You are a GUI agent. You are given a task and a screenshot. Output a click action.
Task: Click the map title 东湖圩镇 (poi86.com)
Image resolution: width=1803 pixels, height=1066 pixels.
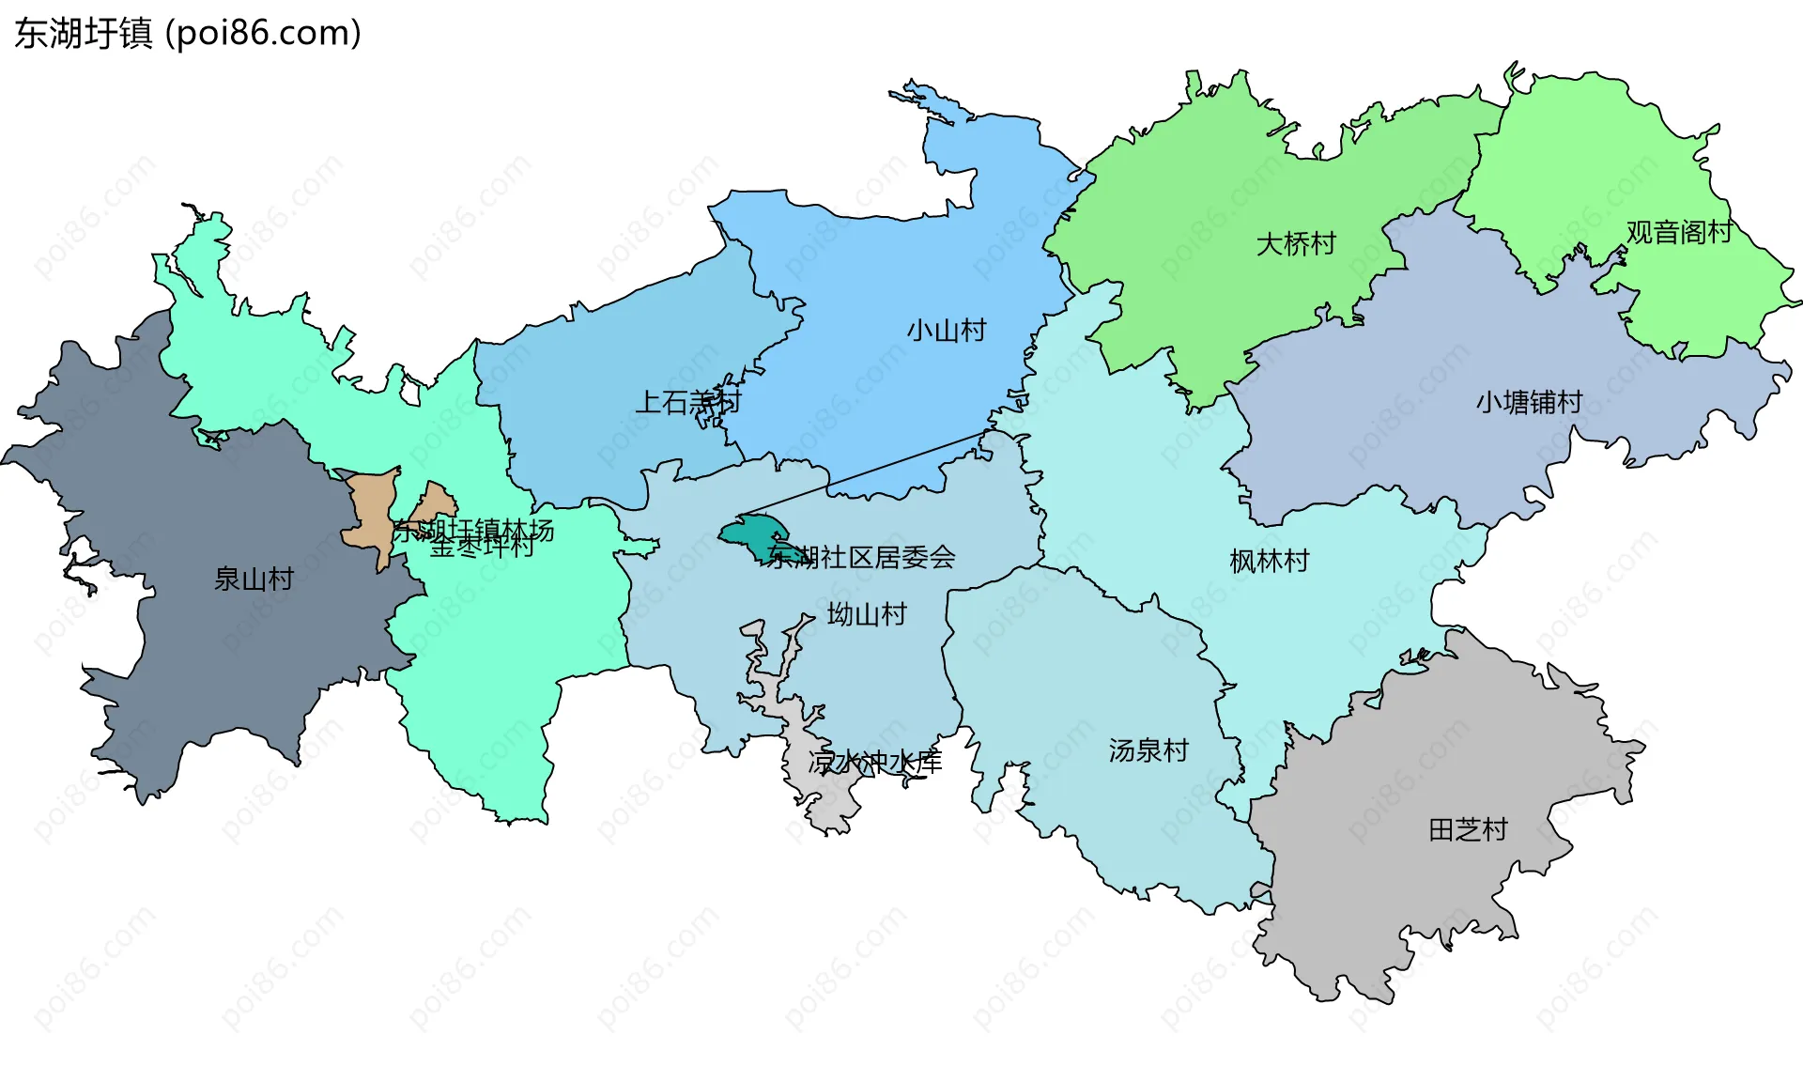(x=188, y=34)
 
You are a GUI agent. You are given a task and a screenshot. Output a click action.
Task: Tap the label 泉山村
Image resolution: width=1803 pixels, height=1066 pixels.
(x=254, y=579)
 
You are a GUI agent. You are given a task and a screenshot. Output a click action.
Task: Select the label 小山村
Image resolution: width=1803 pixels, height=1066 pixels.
(x=946, y=331)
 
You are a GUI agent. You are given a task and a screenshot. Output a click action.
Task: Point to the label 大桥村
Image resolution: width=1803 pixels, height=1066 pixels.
(x=1296, y=244)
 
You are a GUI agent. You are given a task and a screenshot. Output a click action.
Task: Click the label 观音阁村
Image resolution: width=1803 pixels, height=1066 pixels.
(x=1679, y=232)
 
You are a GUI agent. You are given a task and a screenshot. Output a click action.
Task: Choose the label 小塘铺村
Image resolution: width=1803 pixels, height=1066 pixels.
(x=1529, y=402)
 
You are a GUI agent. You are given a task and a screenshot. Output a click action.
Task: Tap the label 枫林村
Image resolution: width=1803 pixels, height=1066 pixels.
(x=1270, y=562)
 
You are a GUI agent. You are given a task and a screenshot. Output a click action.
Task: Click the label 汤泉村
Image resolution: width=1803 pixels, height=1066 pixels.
(x=1148, y=750)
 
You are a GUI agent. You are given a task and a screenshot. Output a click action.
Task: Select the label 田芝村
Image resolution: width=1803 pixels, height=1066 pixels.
(x=1468, y=829)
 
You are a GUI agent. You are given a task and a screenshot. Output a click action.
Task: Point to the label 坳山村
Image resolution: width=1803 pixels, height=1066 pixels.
(x=867, y=615)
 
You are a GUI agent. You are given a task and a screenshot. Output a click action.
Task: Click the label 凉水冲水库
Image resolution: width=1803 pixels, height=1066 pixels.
(x=874, y=762)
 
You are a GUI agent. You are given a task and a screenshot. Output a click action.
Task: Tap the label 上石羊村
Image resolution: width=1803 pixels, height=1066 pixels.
(x=688, y=403)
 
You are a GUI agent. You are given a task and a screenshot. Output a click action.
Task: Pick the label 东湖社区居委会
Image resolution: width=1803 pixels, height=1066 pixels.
(x=861, y=558)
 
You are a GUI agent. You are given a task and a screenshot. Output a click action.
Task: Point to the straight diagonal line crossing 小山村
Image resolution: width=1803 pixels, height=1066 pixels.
(x=864, y=473)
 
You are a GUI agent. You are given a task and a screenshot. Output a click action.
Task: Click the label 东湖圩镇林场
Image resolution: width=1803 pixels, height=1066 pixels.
(x=473, y=531)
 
